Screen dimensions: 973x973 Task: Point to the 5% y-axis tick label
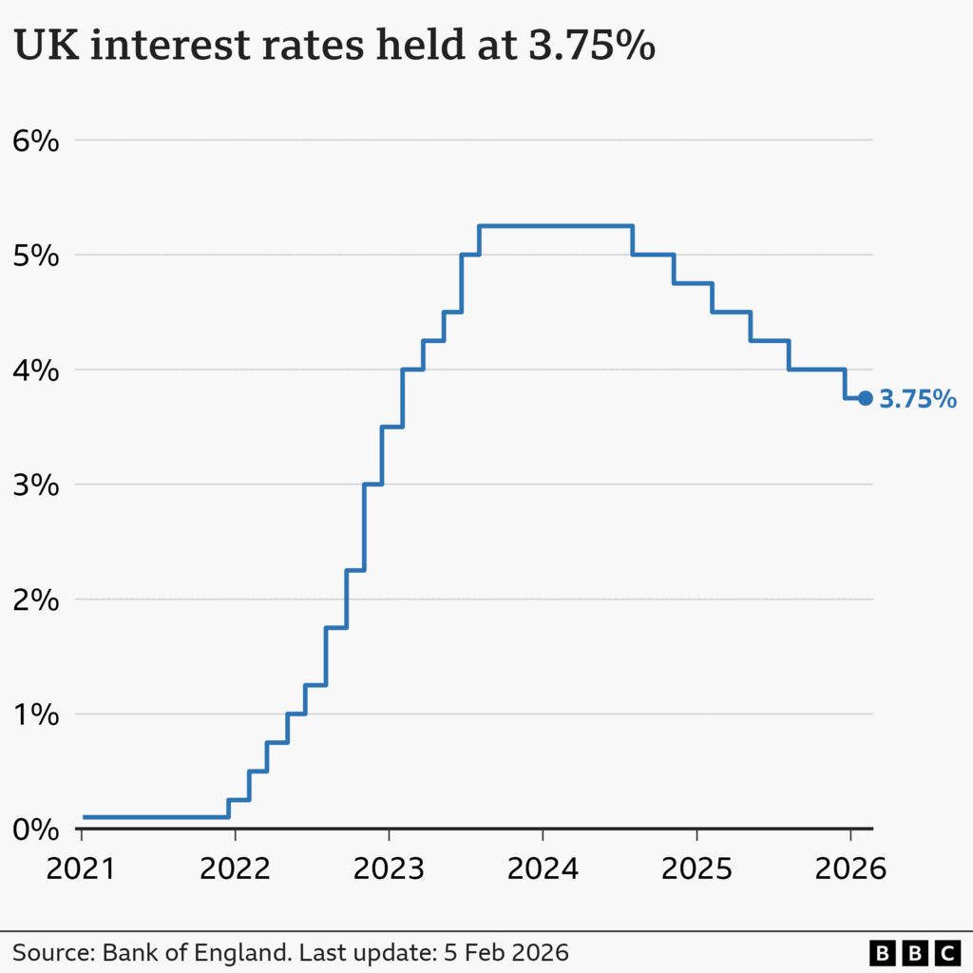pyautogui.click(x=36, y=256)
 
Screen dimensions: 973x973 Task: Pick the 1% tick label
pyautogui.click(x=36, y=715)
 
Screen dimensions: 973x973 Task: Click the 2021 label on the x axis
pyautogui.click(x=82, y=868)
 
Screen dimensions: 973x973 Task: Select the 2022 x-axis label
pyautogui.click(x=235, y=868)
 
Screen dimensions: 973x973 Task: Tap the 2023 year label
pyautogui.click(x=389, y=868)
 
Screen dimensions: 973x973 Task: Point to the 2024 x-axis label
pyautogui.click(x=543, y=868)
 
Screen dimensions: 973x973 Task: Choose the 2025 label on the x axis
pyautogui.click(x=696, y=868)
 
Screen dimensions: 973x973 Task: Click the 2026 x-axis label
pyautogui.click(x=849, y=868)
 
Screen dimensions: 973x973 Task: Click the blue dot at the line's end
pyautogui.click(x=865, y=398)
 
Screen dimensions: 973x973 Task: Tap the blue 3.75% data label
pyautogui.click(x=917, y=399)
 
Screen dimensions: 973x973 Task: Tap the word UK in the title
pyautogui.click(x=40, y=47)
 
